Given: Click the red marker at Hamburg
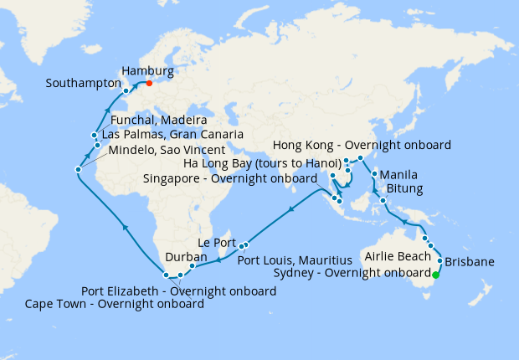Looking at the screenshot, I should pos(149,83).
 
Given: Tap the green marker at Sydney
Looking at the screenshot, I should pos(435,274).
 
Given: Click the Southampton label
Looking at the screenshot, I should pos(82,84).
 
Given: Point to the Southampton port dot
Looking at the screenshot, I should pos(126,90).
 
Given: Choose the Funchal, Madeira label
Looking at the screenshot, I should pos(159,121).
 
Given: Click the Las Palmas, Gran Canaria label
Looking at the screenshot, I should pos(172,135).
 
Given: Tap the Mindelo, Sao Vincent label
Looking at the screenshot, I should pos(167,149).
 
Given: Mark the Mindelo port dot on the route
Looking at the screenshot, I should pos(77,170).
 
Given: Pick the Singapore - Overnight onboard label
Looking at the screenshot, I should pos(229,178).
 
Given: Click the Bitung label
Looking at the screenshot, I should pos(406,190).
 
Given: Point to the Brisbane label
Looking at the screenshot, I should pos(470,262).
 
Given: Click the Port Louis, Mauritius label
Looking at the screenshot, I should pos(288,260).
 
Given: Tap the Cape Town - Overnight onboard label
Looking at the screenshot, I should pos(115,304).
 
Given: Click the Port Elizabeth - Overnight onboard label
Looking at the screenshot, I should pos(178,291).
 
